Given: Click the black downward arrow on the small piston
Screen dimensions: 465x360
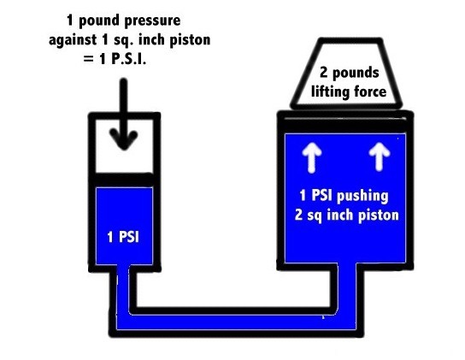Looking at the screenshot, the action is (x=124, y=114).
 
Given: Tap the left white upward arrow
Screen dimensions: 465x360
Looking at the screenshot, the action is (x=311, y=157).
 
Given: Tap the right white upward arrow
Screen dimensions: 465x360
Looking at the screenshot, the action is (x=380, y=156).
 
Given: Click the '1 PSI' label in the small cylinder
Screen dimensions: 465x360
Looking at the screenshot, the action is (x=123, y=237).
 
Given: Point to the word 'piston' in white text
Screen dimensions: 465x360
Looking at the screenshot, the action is (x=379, y=215).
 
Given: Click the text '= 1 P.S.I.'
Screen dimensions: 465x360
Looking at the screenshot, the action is (x=115, y=59).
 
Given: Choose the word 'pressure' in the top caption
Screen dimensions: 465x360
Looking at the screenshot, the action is (x=152, y=21).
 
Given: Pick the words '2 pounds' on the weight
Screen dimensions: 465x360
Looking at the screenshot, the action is (x=350, y=73).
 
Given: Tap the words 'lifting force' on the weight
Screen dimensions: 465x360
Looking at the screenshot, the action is (x=349, y=91).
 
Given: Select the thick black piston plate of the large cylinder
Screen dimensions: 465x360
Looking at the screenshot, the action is (x=345, y=125).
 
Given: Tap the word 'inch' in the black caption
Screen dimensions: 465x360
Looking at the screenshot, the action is (x=151, y=40).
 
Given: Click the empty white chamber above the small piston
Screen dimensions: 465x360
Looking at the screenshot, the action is (x=124, y=146).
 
